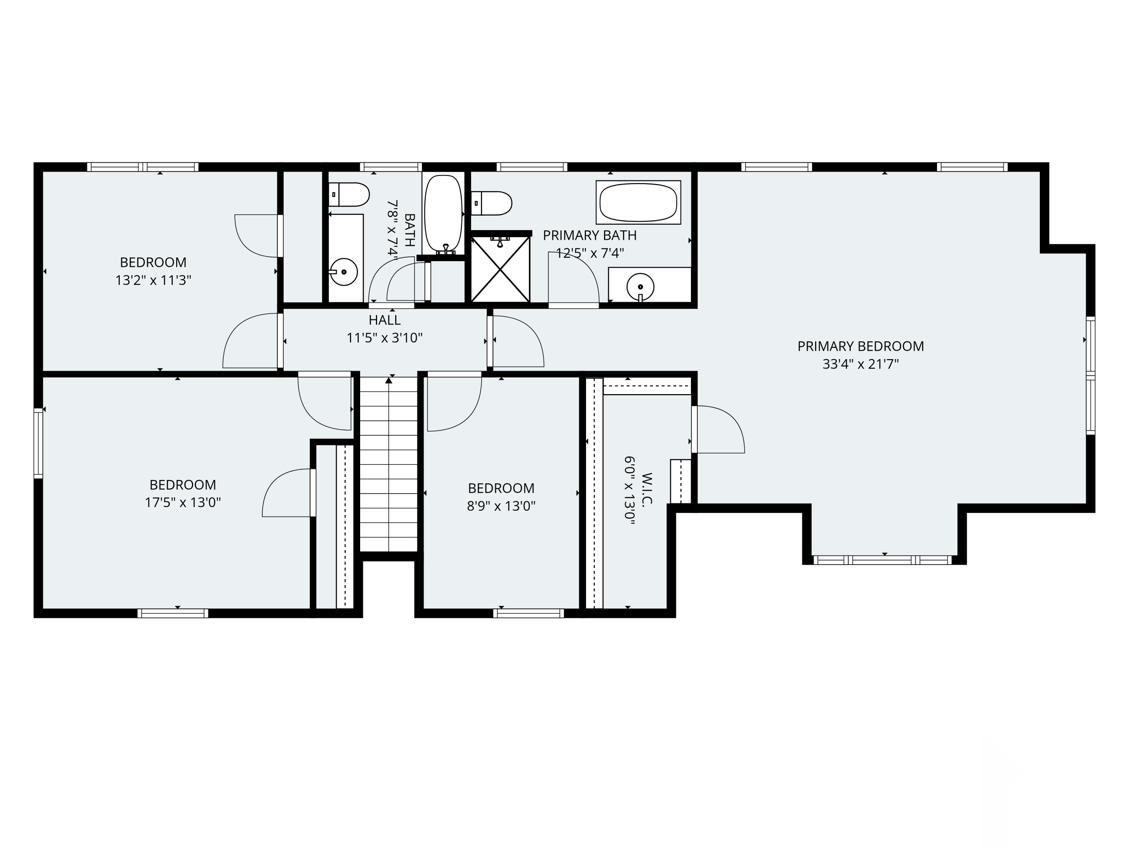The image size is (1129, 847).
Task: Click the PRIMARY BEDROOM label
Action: point(861,346)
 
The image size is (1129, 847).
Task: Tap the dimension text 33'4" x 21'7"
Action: point(861,364)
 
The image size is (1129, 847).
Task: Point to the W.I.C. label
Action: point(647,489)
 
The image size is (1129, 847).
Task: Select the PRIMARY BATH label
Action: point(589,235)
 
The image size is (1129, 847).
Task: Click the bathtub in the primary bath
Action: point(638,202)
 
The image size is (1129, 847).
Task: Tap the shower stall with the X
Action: point(500,268)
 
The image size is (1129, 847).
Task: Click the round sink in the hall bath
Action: point(344,272)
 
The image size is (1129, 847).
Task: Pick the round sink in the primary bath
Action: point(640,287)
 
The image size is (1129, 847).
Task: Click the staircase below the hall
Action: point(389,464)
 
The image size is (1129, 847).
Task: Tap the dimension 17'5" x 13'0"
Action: point(183,503)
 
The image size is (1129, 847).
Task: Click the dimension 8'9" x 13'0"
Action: point(501,506)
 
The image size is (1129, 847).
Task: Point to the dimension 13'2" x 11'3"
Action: point(153,280)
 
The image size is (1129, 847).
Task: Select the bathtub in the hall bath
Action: point(443,213)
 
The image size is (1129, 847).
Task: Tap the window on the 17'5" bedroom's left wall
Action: point(38,443)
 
